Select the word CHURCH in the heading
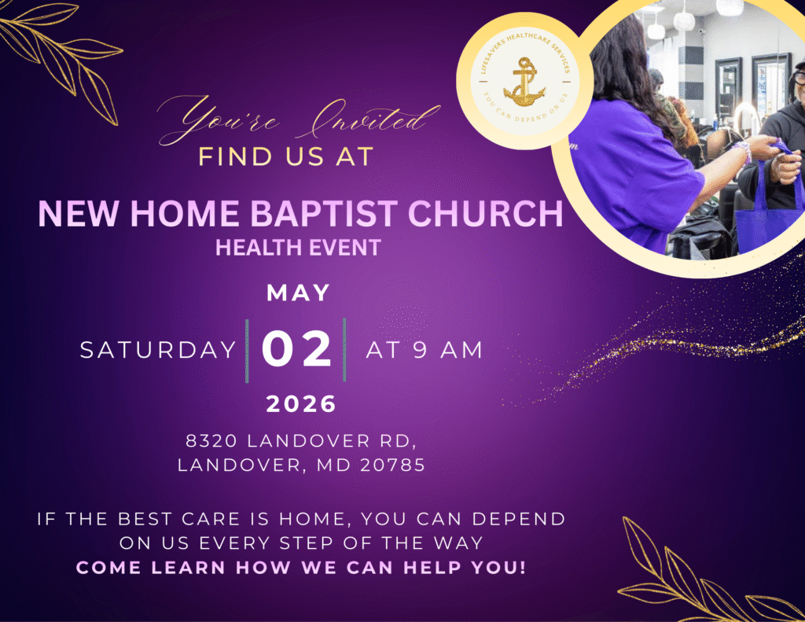point(486,213)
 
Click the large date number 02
point(296,349)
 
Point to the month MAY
point(298,293)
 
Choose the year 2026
point(301,404)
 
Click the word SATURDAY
point(158,350)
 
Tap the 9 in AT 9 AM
point(420,350)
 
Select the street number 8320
point(211,440)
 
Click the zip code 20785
point(393,465)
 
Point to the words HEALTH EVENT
point(298,248)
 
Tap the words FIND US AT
point(285,156)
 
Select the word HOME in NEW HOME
point(185,213)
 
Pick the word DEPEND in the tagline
point(519,519)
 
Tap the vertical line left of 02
point(247,351)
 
